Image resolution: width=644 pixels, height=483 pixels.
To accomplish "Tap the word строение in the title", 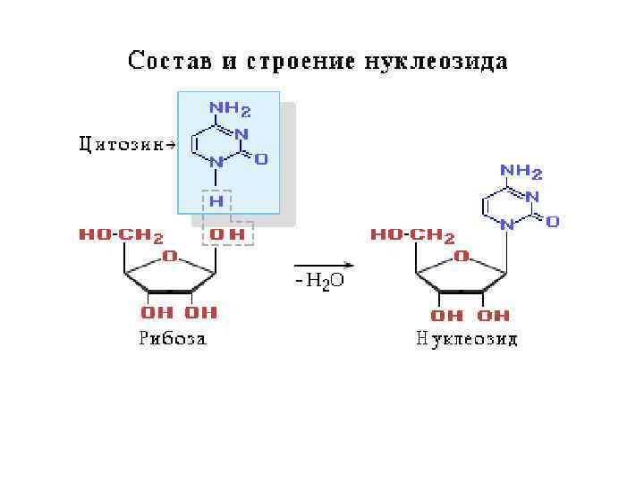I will (x=292, y=63).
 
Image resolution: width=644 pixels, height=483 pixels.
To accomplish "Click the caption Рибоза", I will (x=173, y=339).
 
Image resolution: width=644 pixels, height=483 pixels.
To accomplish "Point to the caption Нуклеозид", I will (x=466, y=339).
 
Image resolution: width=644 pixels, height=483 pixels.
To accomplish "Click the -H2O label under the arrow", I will (x=318, y=282).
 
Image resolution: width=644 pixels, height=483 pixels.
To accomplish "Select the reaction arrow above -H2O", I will (x=325, y=265).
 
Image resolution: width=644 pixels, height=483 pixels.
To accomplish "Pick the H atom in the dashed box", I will (x=216, y=202).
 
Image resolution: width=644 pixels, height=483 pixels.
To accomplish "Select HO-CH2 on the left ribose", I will (x=121, y=236).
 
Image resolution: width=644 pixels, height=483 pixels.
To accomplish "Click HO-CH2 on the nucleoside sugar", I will (x=412, y=235).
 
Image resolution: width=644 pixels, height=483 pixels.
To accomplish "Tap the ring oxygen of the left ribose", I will (x=169, y=257).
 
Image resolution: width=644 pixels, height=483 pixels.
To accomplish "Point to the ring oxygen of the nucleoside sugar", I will (x=462, y=256).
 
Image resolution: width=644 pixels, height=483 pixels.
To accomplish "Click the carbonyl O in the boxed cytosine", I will (x=261, y=159).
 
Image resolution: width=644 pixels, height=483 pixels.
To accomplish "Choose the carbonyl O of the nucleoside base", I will (x=553, y=220).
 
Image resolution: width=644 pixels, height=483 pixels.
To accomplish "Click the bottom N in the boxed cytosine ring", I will (x=216, y=164).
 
